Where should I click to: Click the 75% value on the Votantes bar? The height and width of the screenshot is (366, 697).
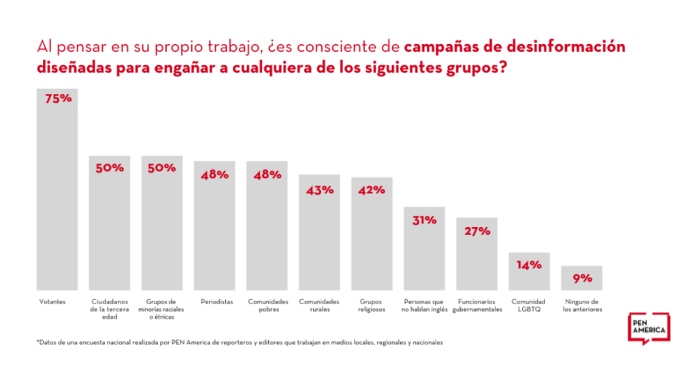(x=58, y=99)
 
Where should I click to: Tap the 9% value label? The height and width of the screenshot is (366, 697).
(x=582, y=278)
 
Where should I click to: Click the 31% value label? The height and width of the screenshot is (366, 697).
(x=424, y=220)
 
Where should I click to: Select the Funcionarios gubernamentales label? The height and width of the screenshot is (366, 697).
(x=476, y=305)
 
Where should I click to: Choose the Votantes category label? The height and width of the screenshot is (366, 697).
(x=52, y=301)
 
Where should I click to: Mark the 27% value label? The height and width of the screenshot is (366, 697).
(x=477, y=231)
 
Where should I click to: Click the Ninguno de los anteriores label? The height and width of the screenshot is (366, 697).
(x=582, y=305)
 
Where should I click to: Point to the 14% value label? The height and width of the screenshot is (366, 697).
(x=529, y=265)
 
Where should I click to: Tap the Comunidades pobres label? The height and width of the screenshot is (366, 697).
(x=268, y=305)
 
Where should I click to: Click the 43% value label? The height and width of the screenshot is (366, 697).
(x=319, y=190)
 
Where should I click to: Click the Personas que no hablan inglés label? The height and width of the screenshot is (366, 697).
(x=425, y=305)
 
